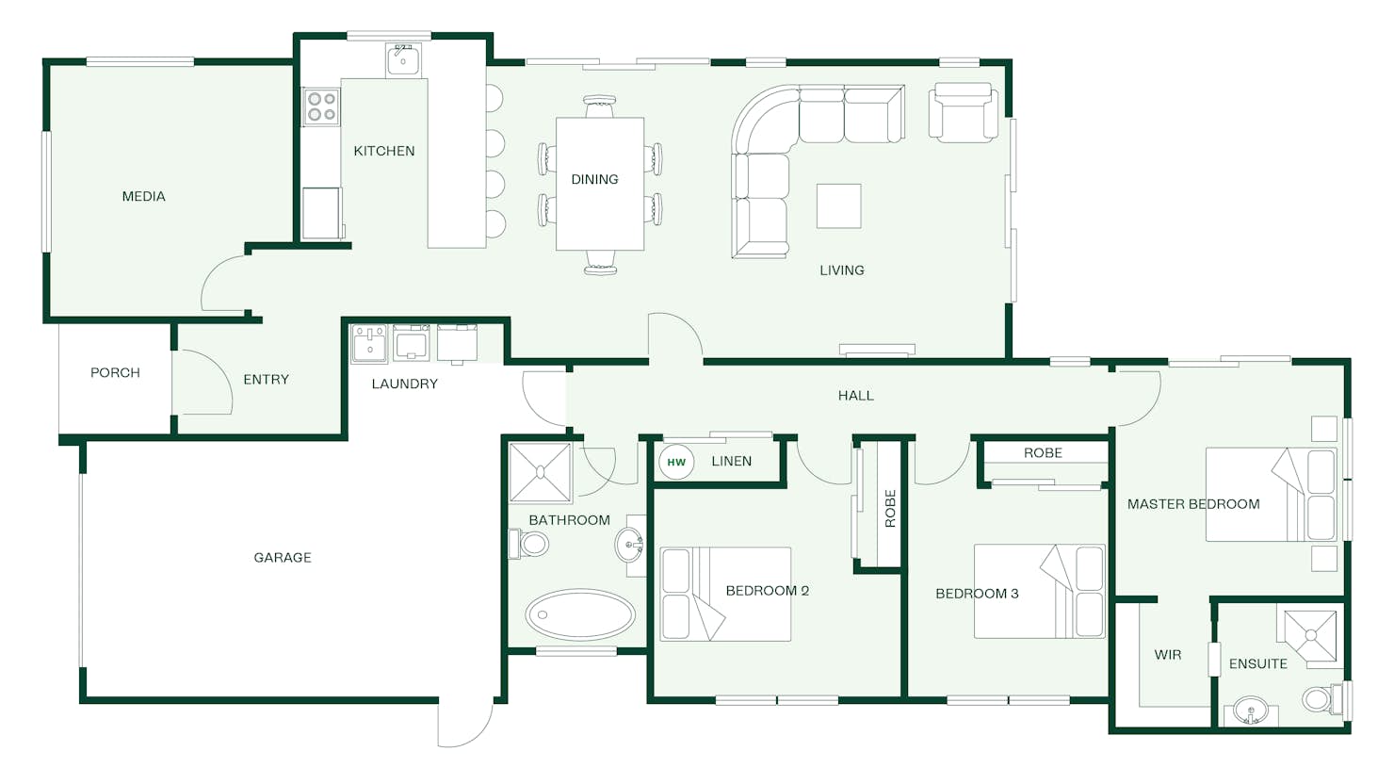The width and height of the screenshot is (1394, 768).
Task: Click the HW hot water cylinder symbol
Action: coord(676,462)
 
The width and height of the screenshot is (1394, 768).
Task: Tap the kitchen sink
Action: coord(403,60)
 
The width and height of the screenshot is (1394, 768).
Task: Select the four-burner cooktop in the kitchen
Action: coord(321,106)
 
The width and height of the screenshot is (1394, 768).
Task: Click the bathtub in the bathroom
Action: coord(580,615)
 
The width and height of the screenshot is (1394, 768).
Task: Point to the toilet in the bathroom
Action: coord(528,545)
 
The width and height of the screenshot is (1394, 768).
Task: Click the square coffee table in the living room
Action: coord(839,206)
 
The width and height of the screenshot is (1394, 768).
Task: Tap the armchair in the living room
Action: coord(964,113)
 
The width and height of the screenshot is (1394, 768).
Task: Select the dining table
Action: coord(600,184)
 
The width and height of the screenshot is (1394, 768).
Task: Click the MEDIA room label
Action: coord(144,197)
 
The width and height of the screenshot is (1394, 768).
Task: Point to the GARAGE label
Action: coord(283,558)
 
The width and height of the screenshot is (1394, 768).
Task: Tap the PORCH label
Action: coord(115,373)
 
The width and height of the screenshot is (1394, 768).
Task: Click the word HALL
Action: coord(855,395)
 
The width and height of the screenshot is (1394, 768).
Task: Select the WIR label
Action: coord(1168,655)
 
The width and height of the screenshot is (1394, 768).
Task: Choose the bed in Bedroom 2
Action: coord(725,594)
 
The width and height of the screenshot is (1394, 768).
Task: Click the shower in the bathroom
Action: coord(541,472)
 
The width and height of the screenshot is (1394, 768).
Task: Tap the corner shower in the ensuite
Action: coord(1308,637)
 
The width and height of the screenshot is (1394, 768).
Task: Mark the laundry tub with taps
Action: coord(369,343)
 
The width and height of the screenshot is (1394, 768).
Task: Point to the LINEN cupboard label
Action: coord(731,461)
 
